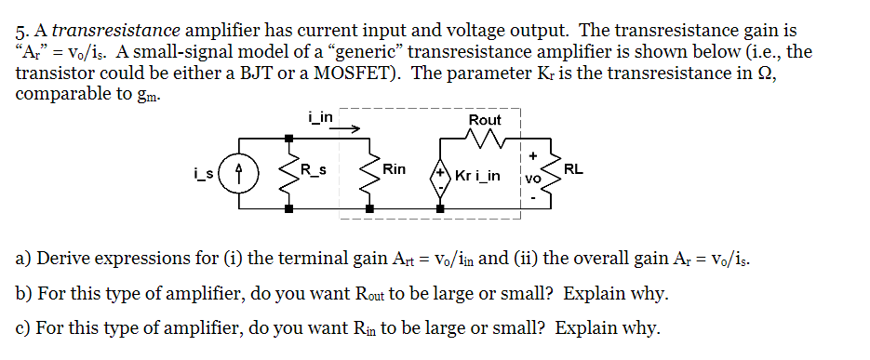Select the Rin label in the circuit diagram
[x=394, y=169]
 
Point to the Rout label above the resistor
[x=485, y=120]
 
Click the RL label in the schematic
[x=574, y=169]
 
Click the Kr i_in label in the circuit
[x=478, y=176]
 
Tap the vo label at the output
[x=532, y=176]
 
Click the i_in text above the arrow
[x=320, y=116]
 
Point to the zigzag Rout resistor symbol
[x=485, y=140]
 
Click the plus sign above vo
[x=533, y=155]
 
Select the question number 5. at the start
[x=24, y=32]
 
